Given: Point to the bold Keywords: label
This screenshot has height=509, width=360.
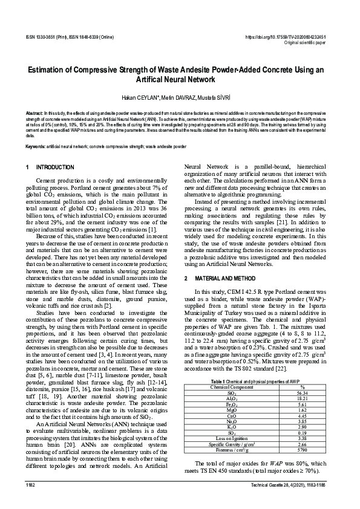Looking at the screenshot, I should [x=36, y=147].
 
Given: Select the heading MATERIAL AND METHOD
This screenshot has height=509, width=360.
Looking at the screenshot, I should [x=228, y=279].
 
